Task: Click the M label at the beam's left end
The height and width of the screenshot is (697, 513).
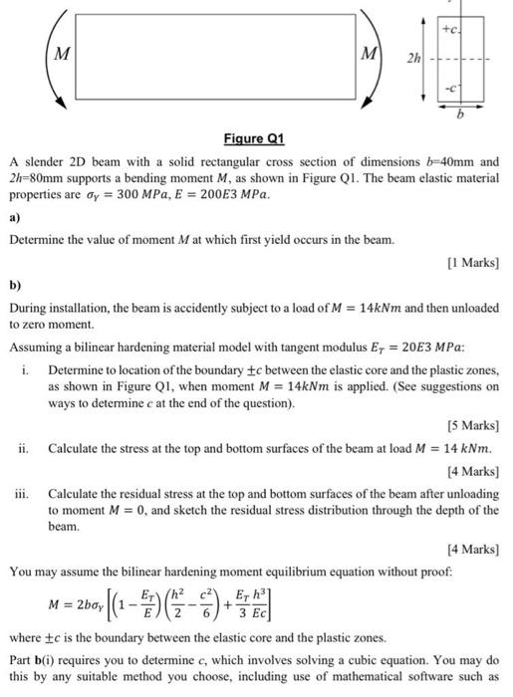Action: [x=61, y=55]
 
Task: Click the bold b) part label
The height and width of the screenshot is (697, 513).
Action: [x=15, y=284]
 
